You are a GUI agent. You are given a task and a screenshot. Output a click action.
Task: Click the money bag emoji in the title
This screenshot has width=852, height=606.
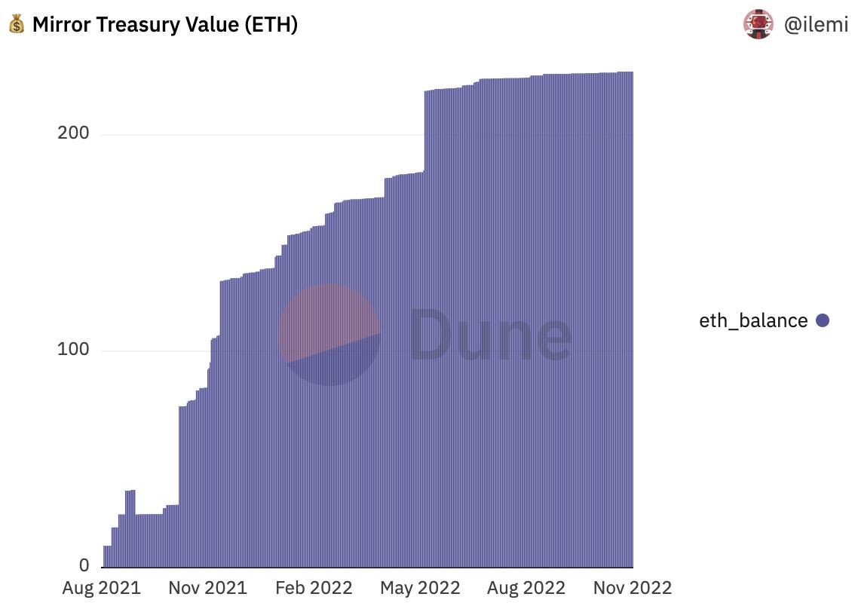click(17, 25)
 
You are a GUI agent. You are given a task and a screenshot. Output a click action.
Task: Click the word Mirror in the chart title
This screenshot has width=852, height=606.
click(60, 25)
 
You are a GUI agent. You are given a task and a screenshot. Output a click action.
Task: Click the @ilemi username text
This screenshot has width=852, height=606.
click(816, 25)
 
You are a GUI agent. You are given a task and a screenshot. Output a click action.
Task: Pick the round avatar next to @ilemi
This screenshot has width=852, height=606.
click(758, 25)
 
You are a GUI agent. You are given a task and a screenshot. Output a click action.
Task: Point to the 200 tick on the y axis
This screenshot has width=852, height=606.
click(73, 133)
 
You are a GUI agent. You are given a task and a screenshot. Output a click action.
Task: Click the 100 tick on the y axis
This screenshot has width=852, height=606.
click(73, 350)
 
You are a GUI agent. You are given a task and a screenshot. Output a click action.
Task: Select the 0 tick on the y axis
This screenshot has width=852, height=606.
click(84, 566)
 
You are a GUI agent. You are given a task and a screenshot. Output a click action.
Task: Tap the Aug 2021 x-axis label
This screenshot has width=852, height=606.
click(101, 588)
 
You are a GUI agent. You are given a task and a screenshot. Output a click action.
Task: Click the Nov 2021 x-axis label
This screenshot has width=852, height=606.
click(207, 588)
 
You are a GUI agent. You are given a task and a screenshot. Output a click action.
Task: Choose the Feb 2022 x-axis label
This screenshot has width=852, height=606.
click(314, 588)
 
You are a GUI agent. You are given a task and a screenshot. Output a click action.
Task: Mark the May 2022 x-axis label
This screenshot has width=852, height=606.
click(419, 588)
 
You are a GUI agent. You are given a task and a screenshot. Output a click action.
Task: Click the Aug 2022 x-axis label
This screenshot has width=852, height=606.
click(526, 588)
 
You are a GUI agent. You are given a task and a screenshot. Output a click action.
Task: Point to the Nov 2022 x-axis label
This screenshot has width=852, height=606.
click(632, 588)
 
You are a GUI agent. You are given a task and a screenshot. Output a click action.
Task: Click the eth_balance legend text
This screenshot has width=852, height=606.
click(753, 321)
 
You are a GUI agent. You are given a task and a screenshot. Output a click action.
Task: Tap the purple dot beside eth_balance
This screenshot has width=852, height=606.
click(823, 321)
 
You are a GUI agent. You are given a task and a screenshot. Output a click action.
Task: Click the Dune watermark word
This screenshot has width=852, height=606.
click(490, 334)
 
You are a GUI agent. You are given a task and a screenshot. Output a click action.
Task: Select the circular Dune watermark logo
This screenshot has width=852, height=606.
click(329, 335)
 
